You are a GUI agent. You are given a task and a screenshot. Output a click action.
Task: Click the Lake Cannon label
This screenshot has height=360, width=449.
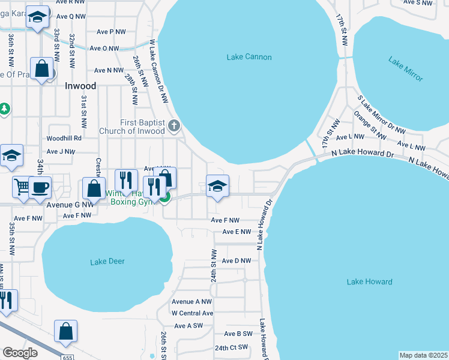pos(249,58)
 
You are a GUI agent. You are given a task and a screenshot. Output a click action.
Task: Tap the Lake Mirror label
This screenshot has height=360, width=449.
pos(405,69)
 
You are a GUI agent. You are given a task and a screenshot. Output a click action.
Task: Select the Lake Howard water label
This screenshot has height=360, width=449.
pos(369,281)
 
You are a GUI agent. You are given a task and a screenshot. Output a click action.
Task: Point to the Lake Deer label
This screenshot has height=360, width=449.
pos(107,262)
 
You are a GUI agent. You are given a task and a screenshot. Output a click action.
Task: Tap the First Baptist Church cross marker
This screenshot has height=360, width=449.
pos(174,125)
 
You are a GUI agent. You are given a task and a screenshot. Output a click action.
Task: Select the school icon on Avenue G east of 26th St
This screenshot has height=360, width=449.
pos(218,185)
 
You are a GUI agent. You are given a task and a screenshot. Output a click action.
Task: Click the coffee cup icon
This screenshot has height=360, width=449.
pos(40,187)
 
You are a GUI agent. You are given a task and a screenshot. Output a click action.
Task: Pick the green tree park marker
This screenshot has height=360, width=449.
pos(5,109)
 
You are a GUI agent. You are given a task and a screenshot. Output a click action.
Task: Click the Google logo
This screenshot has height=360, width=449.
pos(20,353)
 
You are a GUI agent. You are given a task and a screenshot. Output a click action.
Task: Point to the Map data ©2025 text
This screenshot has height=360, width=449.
pos(424,355)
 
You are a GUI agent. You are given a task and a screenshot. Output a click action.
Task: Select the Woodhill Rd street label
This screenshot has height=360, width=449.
pos(64,138)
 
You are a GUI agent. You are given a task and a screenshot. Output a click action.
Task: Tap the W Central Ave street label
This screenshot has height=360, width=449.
pos(192,313)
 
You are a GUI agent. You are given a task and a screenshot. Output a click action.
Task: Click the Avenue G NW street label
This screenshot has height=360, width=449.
pos(70,204)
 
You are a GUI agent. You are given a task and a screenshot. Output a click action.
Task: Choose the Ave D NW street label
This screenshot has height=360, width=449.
pos(236,261)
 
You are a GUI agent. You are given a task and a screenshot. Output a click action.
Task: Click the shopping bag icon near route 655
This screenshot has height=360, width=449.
pos(65,331)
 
